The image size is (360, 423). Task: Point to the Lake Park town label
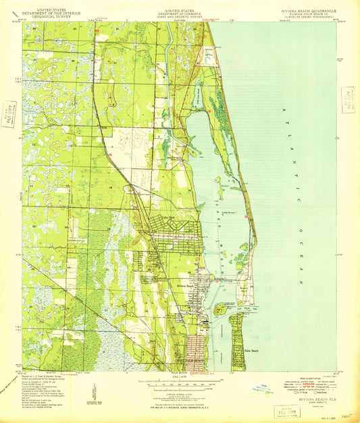170,217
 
